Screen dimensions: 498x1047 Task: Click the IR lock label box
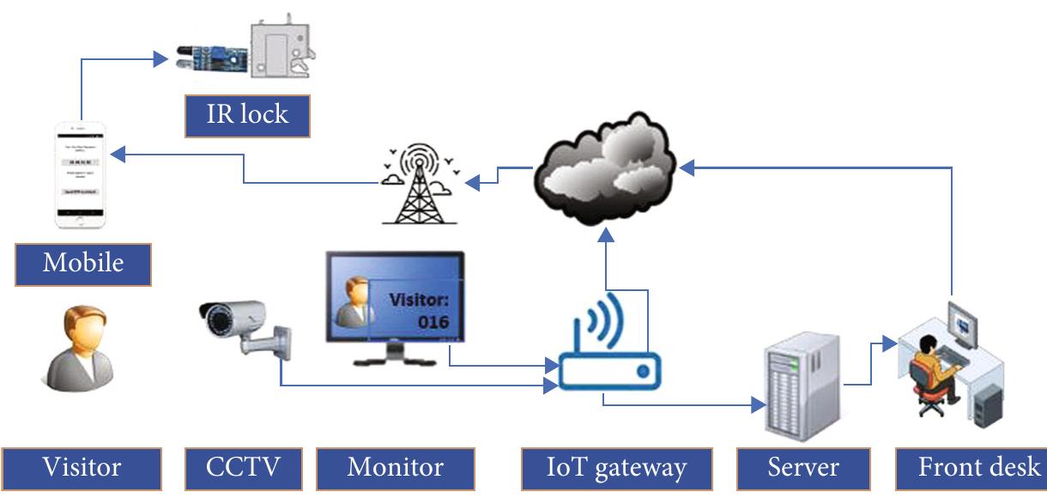(x=247, y=115)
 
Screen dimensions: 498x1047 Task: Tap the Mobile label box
(x=82, y=264)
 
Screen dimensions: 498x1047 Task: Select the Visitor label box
(x=82, y=469)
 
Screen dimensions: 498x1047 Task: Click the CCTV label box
(x=244, y=469)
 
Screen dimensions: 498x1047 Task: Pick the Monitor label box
(x=395, y=469)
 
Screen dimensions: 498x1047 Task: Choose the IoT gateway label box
(x=616, y=469)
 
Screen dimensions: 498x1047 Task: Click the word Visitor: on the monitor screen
(x=420, y=301)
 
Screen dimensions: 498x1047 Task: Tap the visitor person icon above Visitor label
(x=82, y=348)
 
